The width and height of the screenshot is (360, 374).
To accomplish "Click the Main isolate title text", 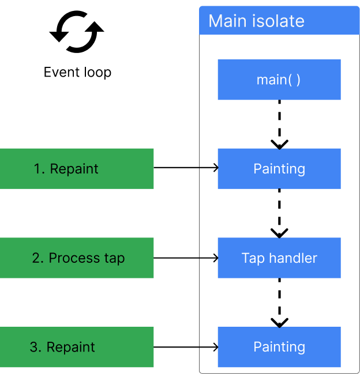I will coord(256,21).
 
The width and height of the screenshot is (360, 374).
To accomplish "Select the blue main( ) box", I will coord(279,80).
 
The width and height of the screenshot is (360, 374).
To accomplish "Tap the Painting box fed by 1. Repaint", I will coord(279,169).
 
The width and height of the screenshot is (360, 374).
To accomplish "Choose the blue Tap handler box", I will coord(279,258).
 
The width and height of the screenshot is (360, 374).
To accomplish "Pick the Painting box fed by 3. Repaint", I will coord(279,347).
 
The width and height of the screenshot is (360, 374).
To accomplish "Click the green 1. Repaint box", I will coord(77,169).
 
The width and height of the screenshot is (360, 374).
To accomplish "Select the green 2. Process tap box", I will coord(77,258).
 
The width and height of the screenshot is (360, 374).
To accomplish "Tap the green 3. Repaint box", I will coord(77,347).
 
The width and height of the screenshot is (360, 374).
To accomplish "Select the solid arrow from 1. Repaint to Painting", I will coord(208,168).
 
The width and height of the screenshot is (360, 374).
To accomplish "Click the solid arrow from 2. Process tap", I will coord(208,258).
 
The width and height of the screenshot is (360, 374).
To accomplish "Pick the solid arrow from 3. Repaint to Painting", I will coord(208,347).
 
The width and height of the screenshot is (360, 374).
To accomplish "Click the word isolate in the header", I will coord(280,21).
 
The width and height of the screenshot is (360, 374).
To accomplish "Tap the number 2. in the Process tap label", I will coord(38,258).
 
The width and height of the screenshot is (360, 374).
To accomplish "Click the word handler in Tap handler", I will coord(292,258).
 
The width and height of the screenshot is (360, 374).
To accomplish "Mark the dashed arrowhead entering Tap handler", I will coord(279,233).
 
